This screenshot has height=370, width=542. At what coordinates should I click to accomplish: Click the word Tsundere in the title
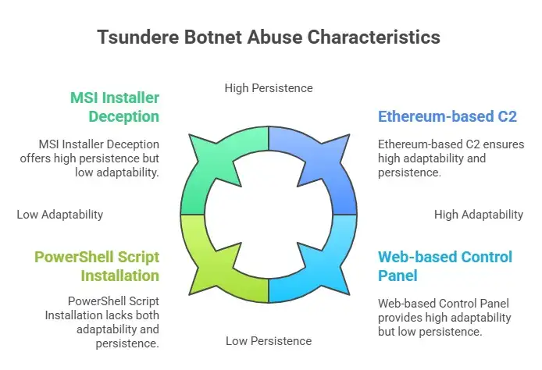138,37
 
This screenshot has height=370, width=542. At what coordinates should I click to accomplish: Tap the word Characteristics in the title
373,37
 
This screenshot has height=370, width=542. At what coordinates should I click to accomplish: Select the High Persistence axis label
269,88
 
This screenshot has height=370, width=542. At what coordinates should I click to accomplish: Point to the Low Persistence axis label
269,341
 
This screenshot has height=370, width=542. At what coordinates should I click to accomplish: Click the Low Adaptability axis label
60,215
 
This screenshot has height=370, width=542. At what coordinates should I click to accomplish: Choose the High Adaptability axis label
479,215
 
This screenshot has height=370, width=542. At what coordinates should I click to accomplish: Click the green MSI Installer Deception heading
115,107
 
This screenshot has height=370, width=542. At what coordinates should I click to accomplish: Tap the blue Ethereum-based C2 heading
448,116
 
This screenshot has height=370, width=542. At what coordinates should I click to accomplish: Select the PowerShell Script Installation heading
97,266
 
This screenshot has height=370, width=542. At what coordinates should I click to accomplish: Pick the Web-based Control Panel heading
445,266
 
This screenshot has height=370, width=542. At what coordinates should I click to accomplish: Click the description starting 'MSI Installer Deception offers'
90,158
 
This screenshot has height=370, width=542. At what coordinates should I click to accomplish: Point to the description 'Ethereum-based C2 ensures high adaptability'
451,158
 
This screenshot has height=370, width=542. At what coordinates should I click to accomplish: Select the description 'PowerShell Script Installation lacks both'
102,322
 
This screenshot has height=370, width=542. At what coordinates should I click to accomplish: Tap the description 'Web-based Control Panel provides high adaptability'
444,318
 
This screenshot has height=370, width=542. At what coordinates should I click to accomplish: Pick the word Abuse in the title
274,37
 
